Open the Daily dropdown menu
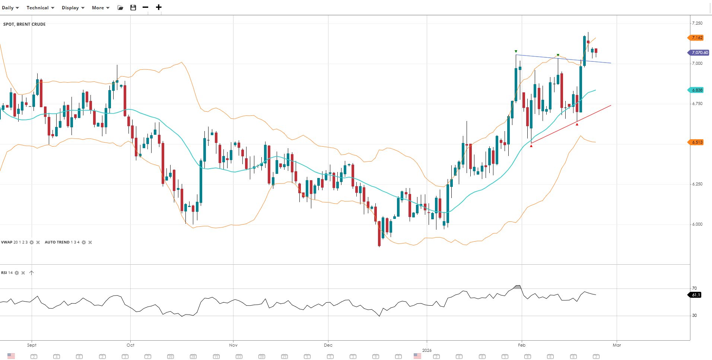[10, 8]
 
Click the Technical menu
[40, 8]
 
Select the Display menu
[73, 8]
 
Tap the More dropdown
[101, 8]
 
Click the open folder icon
[120, 8]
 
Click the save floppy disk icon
[133, 8]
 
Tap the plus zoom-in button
[159, 7]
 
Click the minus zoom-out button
[146, 7]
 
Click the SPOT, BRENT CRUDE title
[25, 24]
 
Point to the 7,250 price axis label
[697, 23]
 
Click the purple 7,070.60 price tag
[699, 52]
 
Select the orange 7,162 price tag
[697, 38]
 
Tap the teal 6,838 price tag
[697, 90]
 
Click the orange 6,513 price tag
[697, 142]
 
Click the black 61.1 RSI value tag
[696, 295]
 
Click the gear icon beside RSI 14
[17, 273]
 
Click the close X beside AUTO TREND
[90, 242]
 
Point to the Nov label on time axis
[233, 345]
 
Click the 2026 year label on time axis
[427, 350]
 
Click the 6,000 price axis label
[697, 224]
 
